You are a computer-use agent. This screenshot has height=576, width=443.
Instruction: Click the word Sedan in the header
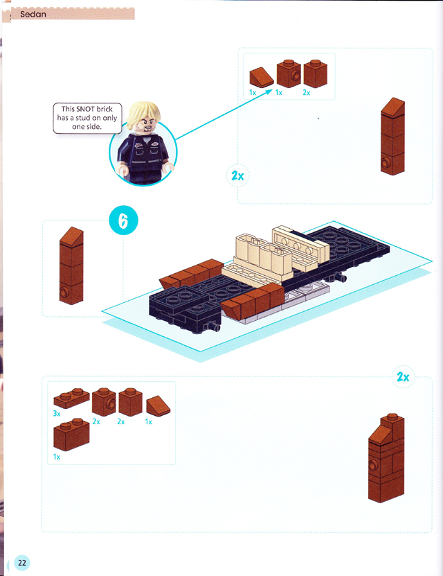[33, 15]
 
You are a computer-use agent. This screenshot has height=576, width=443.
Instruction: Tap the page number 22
[22, 562]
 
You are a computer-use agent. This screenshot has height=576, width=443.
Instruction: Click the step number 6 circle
[124, 220]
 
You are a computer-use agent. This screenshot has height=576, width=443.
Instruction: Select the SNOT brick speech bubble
[87, 118]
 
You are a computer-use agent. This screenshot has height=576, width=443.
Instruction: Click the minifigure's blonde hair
[143, 113]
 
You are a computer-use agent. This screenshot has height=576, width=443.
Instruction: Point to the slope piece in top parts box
[262, 78]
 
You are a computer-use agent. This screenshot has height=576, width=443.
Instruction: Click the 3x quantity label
[57, 414]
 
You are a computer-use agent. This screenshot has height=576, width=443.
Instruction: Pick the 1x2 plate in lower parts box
[71, 398]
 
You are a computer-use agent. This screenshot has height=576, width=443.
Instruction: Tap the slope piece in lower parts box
[158, 406]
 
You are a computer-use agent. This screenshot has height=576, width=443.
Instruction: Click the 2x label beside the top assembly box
[237, 176]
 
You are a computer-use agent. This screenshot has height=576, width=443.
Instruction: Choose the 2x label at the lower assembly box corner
[403, 377]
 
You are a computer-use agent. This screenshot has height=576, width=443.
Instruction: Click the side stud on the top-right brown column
[386, 162]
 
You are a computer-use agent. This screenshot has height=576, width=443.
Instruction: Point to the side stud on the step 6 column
[64, 293]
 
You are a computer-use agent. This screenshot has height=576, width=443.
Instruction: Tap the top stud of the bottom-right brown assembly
[392, 417]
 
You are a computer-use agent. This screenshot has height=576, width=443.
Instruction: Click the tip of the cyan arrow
[273, 89]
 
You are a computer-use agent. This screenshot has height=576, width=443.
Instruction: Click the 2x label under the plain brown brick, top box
[306, 93]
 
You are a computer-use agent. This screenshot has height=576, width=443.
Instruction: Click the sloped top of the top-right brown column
[393, 107]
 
